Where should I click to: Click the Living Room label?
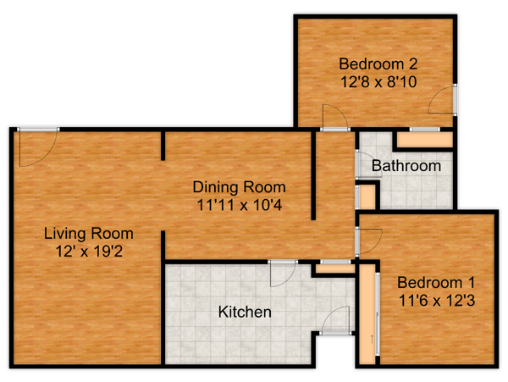(x=88, y=234)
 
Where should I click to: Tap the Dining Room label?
(x=239, y=187)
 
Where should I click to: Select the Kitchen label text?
(x=245, y=312)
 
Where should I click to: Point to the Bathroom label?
(x=406, y=166)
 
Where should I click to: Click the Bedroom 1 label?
(x=436, y=283)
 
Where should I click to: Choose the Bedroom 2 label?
(x=378, y=64)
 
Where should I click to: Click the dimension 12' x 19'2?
(x=89, y=251)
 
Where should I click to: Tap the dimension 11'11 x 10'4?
(x=240, y=205)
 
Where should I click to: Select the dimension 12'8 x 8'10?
(x=378, y=81)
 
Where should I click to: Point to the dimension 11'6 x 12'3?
(x=437, y=301)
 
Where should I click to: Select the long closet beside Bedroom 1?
(x=367, y=314)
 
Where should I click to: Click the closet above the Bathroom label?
(x=424, y=140)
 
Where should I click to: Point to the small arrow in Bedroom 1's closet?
(x=372, y=340)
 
